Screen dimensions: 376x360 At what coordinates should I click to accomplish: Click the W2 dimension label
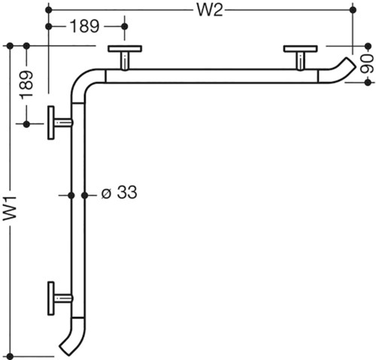210,11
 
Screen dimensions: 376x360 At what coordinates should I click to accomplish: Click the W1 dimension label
10,208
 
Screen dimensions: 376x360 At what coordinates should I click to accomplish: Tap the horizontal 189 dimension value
84,26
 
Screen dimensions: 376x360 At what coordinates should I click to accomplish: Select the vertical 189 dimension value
27,85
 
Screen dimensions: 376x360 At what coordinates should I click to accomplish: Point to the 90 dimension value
367,64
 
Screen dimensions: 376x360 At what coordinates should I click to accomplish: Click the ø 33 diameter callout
119,192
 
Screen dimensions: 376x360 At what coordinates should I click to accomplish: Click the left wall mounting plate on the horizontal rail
125,49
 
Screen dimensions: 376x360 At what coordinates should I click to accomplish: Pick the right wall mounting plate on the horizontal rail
301,49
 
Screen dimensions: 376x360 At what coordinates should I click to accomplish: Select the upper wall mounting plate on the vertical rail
51,123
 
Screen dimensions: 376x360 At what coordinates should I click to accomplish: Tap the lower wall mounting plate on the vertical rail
51,298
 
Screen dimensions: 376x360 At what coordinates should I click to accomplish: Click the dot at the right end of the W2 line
353,10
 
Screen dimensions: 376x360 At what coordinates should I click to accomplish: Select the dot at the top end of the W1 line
10,46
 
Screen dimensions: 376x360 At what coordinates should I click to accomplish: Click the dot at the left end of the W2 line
49,10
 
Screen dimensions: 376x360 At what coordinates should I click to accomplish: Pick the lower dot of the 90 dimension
368,83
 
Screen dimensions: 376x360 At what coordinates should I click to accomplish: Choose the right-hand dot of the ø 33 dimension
85,195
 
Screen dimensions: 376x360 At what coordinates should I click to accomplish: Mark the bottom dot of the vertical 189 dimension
26,124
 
